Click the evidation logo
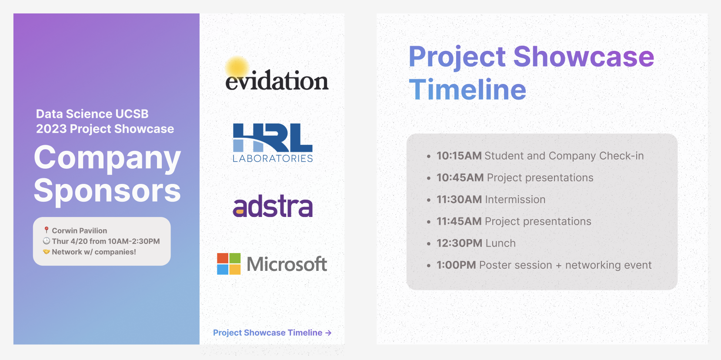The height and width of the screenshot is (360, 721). coord(277,74)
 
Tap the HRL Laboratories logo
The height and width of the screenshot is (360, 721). coord(273,143)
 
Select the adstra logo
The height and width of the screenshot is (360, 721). coord(273,206)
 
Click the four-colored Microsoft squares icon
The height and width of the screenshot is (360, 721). coord(229,264)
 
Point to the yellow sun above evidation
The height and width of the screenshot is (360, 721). coord(237,67)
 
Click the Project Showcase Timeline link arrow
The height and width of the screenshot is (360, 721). coord(328,333)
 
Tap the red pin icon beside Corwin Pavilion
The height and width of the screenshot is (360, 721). coord(47,230)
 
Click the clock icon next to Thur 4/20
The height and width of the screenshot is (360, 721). coord(47,241)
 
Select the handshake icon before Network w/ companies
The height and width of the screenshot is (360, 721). coord(47,252)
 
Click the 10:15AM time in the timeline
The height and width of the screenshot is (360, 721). coord(459,156)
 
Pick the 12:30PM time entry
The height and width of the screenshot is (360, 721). coord(459,243)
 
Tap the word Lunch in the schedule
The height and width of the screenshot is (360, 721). coord(501,243)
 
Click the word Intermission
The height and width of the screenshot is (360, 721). coord(515,200)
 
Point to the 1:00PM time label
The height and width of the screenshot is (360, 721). coord(456,265)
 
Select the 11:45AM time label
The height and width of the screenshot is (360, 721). coord(459,221)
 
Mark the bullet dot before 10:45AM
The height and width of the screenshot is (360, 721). coord(428,178)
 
